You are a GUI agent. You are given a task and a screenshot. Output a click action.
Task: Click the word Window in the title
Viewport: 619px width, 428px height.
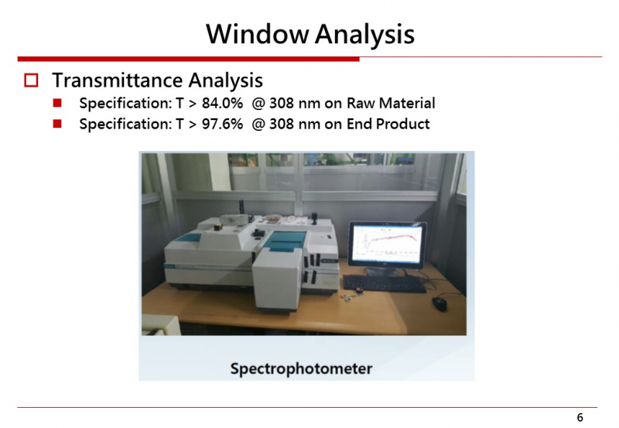point(257,33)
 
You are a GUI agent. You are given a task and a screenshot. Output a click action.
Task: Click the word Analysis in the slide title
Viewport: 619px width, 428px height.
point(364,34)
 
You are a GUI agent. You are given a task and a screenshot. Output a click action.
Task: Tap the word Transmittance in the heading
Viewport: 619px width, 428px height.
point(118,80)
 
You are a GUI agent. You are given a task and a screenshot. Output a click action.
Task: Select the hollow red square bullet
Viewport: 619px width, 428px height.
point(31,80)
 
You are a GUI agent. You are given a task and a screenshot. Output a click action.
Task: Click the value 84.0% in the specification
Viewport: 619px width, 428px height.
point(222,103)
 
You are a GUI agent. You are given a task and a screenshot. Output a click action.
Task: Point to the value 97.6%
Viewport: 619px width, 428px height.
point(222,124)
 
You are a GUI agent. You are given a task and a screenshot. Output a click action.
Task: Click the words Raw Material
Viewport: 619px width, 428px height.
point(391,103)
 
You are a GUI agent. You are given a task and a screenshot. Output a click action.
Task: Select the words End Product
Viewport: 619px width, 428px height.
point(388,124)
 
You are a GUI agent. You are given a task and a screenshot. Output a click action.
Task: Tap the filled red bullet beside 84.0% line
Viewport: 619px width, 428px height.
point(57,103)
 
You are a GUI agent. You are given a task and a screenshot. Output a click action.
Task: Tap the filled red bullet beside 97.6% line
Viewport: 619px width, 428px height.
point(57,124)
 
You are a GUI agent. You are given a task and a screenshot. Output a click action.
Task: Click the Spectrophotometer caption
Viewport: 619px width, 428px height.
point(301,368)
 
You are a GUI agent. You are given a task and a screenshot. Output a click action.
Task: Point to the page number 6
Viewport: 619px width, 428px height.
point(580,417)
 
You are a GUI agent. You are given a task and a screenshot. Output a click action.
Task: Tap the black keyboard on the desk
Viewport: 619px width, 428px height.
point(384,283)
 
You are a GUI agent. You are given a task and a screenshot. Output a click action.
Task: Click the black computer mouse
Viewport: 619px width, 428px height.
point(439,303)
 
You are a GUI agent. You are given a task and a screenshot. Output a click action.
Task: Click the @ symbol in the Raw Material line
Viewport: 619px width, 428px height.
point(258,104)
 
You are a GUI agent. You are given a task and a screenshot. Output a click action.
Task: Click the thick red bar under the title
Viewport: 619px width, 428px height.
point(188,59)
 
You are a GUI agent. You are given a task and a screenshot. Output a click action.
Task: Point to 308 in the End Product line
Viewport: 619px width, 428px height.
point(282,124)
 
